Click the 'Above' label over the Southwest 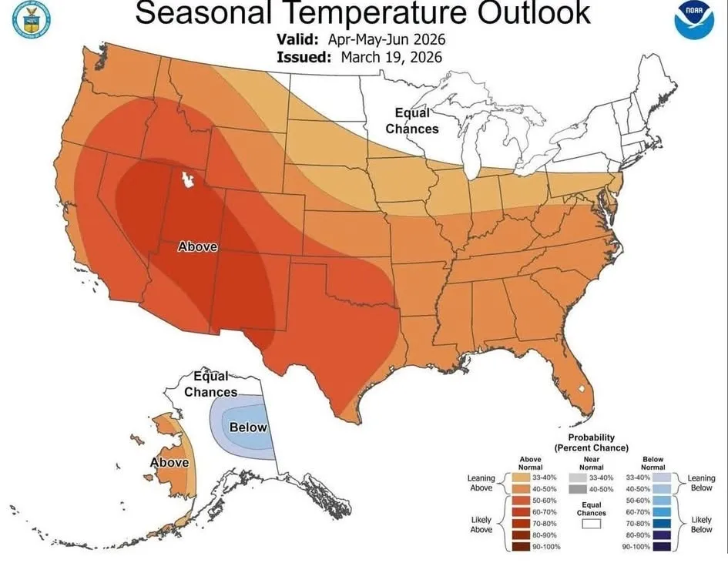tap(198, 247)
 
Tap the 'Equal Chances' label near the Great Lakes tap(412, 121)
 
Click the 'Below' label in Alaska tap(249, 427)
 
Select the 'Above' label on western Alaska tap(169, 462)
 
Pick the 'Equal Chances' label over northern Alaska tap(210, 384)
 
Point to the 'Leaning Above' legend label tap(481, 482)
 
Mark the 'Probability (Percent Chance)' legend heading tap(592, 443)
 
